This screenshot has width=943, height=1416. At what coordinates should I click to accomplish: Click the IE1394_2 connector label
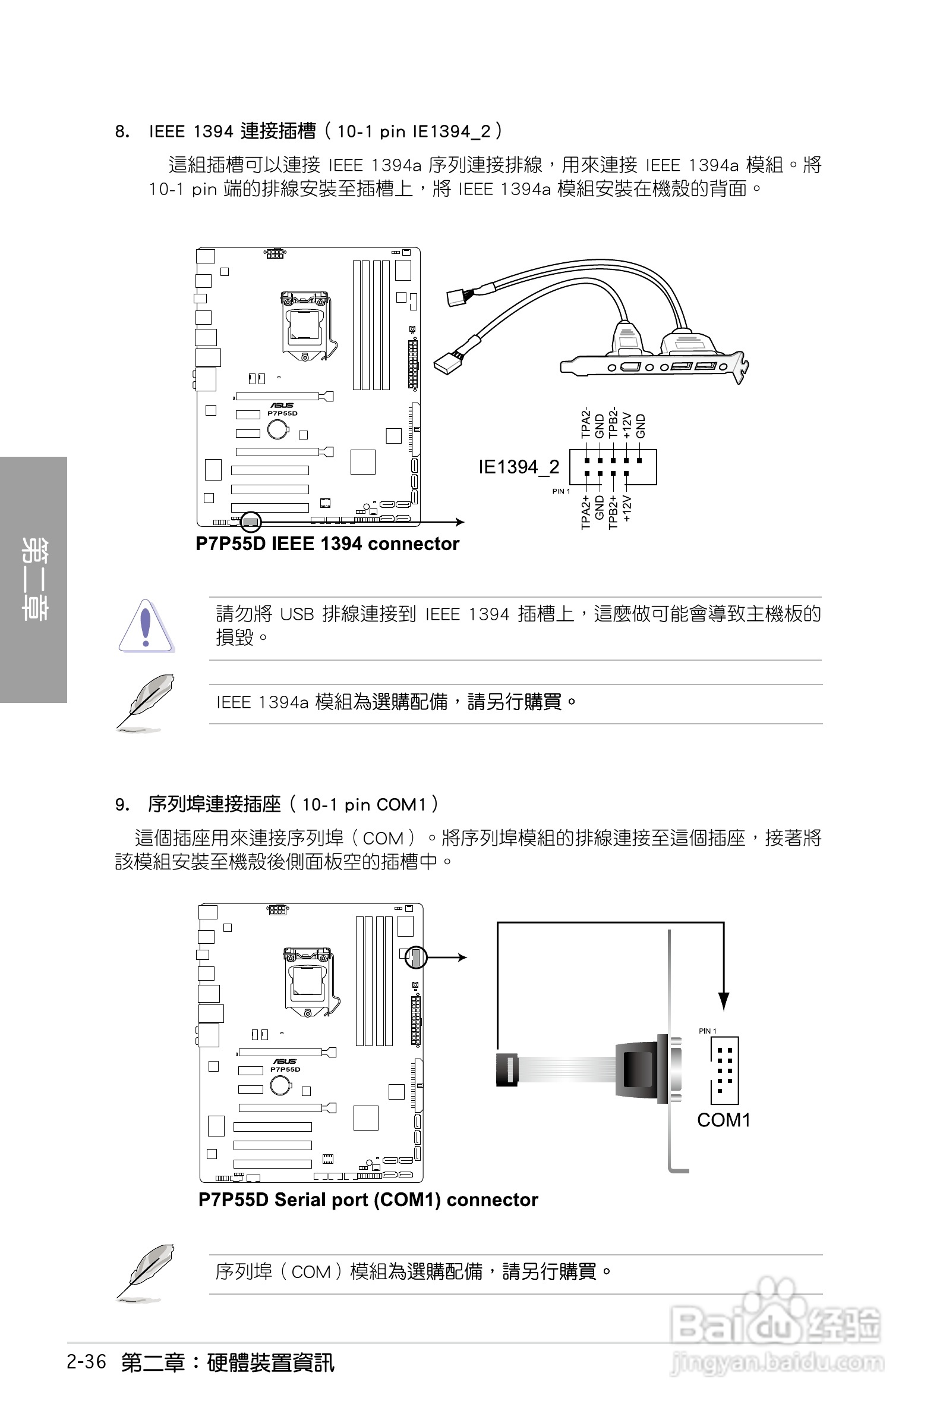(x=518, y=467)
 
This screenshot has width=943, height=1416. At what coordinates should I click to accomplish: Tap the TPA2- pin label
(x=585, y=423)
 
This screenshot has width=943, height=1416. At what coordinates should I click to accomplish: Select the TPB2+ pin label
(x=613, y=513)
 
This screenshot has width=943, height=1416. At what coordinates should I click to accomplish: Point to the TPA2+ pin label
(x=585, y=513)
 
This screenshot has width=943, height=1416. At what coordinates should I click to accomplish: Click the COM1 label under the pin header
(x=724, y=1120)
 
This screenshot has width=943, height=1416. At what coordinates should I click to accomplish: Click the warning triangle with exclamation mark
(x=146, y=626)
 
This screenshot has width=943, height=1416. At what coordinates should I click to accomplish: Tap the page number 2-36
(x=87, y=1362)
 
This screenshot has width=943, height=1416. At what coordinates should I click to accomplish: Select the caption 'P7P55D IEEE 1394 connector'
(x=327, y=544)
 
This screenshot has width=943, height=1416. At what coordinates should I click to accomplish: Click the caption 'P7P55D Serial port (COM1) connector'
(x=368, y=1200)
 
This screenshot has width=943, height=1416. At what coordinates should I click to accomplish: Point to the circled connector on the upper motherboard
(x=251, y=522)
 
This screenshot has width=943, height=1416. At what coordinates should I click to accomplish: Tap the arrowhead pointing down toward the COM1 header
(x=724, y=1001)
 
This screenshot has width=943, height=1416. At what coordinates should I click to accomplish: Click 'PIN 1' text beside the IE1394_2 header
(x=561, y=492)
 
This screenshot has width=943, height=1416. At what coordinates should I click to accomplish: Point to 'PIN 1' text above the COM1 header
(x=707, y=1031)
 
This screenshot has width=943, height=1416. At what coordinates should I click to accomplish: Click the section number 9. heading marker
(x=122, y=805)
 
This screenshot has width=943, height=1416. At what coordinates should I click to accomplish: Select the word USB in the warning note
(x=297, y=614)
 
